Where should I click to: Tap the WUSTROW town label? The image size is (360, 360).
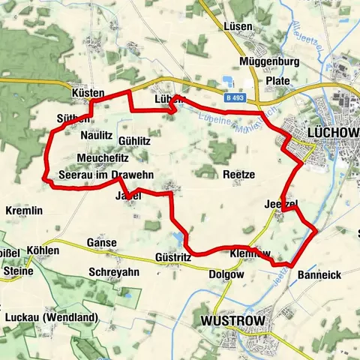pos(233,321)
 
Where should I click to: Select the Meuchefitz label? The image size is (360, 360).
pos(103,159)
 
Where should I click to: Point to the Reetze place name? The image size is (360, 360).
pos(240,174)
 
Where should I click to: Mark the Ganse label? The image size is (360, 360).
pos(102,243)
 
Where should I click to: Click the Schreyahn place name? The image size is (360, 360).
pos(113,271)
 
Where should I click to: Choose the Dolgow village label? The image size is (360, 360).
pos(227,274)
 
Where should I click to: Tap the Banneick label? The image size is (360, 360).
pos(319,275)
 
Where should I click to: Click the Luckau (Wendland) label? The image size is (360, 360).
pos(51,317)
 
